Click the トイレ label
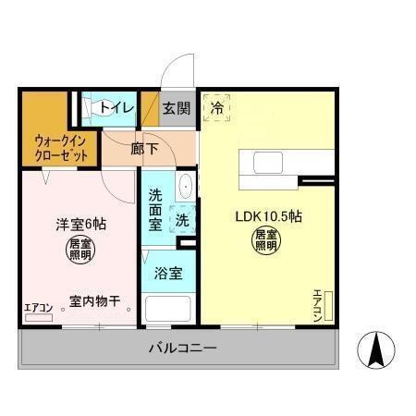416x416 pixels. tap(117, 108)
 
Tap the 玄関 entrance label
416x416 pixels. tap(177, 108)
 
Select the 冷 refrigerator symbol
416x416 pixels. tap(217, 107)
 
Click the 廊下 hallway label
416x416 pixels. tap(144, 148)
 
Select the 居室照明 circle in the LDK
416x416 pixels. tap(267, 241)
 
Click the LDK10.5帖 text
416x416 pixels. tap(269, 216)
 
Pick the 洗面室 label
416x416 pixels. tap(155, 211)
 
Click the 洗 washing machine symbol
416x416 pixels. tap(183, 222)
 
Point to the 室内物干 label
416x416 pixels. tap(95, 300)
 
